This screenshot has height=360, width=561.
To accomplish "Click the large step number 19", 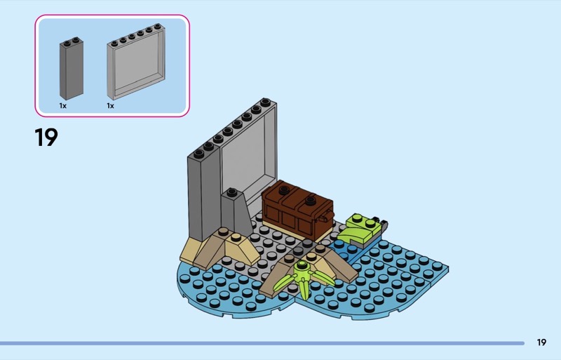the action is pyautogui.click(x=46, y=138).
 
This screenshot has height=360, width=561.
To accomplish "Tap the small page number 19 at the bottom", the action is pyautogui.click(x=541, y=342).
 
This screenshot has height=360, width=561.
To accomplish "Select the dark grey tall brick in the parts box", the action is pyautogui.click(x=72, y=68).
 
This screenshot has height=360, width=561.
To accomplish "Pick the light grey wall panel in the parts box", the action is pyautogui.click(x=136, y=62).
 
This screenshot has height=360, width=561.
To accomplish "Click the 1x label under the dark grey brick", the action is pyautogui.click(x=63, y=106).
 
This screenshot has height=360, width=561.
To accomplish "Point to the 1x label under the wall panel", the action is pyautogui.click(x=110, y=106).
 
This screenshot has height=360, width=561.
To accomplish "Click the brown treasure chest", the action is pyautogui.click(x=297, y=210).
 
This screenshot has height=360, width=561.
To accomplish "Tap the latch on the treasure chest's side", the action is pyautogui.click(x=325, y=216).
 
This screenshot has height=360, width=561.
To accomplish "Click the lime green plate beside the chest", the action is pyautogui.click(x=359, y=228).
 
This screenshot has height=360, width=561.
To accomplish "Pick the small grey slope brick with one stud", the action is pyautogui.click(x=236, y=214).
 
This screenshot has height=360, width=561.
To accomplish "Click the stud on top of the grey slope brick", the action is pyautogui.click(x=231, y=192).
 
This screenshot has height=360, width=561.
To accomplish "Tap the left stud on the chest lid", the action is pyautogui.click(x=285, y=189).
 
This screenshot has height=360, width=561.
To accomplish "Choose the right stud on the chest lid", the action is pyautogui.click(x=310, y=200).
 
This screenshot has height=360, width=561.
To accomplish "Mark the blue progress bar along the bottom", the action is pyautogui.click(x=262, y=343).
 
